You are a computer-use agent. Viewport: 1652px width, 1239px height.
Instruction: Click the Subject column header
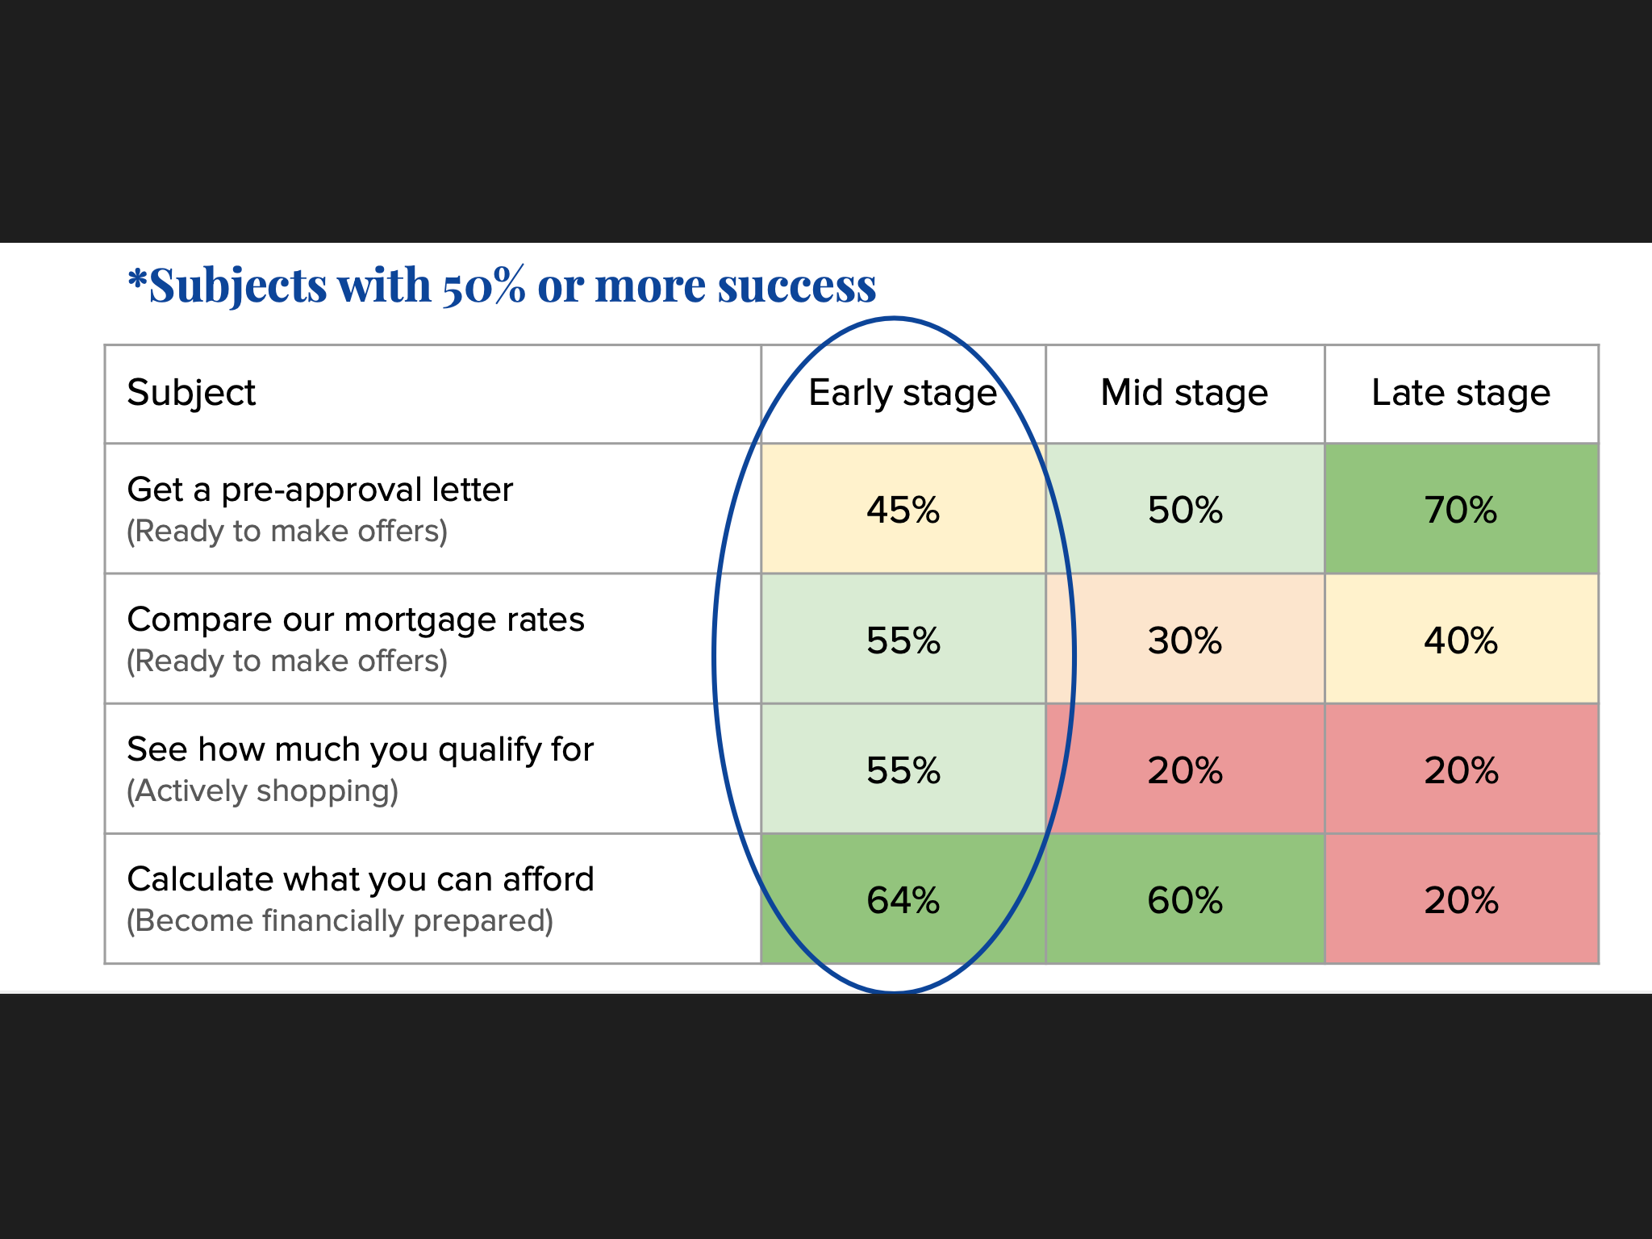191,394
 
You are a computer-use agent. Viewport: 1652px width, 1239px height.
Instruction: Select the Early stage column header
903,394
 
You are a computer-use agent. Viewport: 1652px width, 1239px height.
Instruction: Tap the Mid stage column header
1184,394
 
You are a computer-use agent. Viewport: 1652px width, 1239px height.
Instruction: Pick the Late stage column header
1461,394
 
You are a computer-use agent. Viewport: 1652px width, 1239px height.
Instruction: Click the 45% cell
903,510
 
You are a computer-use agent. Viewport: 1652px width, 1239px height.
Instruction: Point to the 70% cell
1461,510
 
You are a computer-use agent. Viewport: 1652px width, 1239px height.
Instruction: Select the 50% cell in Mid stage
1184,510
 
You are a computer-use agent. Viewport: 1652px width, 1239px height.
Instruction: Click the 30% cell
1184,640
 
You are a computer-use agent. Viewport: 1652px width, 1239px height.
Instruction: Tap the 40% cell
1461,640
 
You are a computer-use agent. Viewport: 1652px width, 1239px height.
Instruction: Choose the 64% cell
903,900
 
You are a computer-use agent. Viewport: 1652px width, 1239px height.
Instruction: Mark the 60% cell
1184,900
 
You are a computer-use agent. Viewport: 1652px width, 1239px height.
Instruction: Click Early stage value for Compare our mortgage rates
903,640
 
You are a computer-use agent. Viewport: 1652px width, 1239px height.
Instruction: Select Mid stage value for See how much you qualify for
1184,770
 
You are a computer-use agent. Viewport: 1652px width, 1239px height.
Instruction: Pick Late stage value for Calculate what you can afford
1461,900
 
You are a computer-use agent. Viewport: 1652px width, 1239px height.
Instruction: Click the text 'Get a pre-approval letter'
319,490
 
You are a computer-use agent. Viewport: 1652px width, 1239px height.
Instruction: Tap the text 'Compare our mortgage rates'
355,619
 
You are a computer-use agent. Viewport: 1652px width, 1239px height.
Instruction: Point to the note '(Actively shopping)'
262,791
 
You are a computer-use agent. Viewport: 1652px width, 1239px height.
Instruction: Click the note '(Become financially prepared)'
340,921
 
